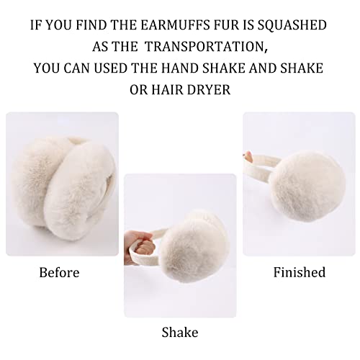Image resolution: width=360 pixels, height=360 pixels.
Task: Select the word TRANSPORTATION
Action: (x=202, y=47)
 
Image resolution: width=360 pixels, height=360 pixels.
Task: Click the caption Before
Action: (x=59, y=273)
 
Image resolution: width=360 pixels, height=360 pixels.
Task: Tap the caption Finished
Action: (x=299, y=273)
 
